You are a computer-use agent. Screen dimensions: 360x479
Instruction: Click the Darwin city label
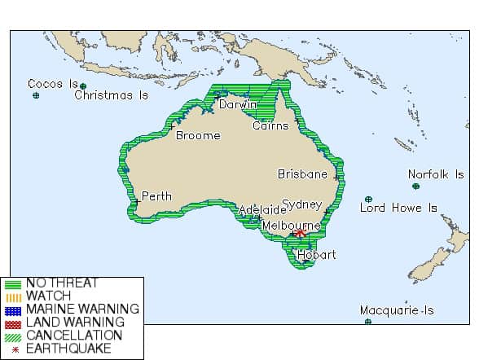[x=238, y=104]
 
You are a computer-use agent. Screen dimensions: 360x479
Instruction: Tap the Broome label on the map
[x=198, y=135]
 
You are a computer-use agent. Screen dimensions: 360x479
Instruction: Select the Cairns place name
[x=270, y=125]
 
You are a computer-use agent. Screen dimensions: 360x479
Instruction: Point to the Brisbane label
[x=302, y=173]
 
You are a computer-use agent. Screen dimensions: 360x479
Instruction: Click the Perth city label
[x=156, y=196]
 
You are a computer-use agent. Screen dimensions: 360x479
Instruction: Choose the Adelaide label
[x=262, y=209]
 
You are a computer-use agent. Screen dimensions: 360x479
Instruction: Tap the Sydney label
[x=302, y=204]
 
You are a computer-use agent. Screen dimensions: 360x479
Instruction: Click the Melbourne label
[x=292, y=224]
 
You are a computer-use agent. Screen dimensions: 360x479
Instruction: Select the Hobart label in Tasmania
[x=316, y=254]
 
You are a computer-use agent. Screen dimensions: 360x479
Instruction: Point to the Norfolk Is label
[x=436, y=174]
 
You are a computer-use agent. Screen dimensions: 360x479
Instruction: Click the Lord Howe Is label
[x=398, y=208]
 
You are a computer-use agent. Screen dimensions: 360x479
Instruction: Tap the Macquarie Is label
[x=397, y=310]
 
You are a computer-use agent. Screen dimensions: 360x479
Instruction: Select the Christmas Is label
[x=112, y=95]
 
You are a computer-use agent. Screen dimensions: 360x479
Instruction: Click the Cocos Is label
[x=52, y=84]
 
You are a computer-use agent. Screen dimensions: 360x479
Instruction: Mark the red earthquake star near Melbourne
[x=301, y=233]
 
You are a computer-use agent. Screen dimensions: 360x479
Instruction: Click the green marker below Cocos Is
[x=36, y=96]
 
